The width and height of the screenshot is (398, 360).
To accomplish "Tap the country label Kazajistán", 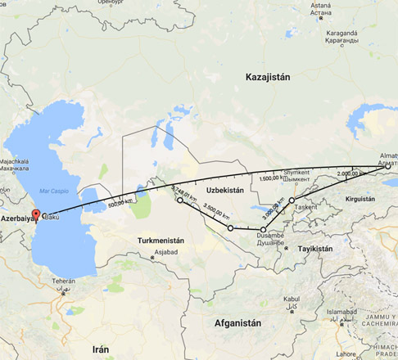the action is tap(269, 76).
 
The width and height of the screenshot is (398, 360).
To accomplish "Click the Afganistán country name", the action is tap(237, 322).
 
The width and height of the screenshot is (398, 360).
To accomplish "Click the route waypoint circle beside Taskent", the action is tap(292, 200).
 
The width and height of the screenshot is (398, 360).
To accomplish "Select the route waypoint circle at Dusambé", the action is tap(263, 231).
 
